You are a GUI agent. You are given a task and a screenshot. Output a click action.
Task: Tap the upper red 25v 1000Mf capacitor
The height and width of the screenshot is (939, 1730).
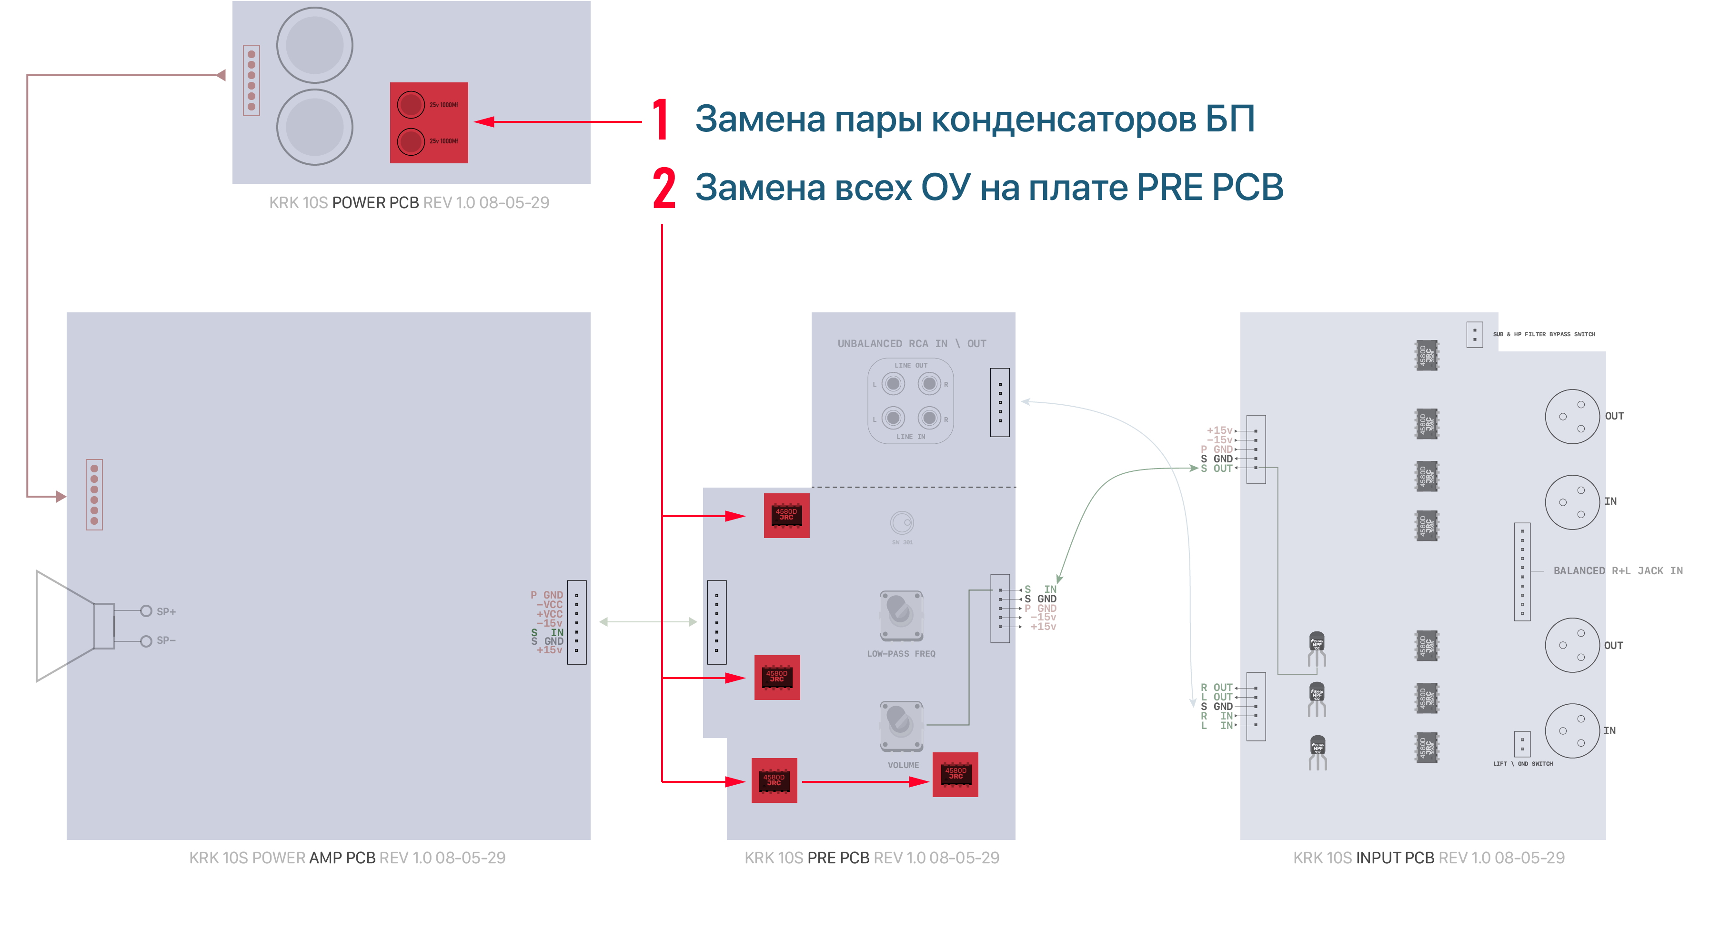(x=410, y=105)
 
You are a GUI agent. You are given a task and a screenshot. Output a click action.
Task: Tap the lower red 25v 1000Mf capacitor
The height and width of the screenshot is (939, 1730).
(x=410, y=141)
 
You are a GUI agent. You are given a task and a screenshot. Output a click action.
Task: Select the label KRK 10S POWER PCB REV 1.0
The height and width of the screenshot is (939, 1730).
(x=409, y=203)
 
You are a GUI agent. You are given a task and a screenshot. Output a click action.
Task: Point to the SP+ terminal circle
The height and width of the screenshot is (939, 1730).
(x=146, y=611)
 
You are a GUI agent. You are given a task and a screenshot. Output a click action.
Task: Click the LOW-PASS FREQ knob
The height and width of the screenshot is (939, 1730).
(x=901, y=615)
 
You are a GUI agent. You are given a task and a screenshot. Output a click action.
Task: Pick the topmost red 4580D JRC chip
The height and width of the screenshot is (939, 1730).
(x=786, y=516)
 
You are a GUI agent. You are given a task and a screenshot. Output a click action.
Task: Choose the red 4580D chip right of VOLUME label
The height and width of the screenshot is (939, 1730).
(x=955, y=775)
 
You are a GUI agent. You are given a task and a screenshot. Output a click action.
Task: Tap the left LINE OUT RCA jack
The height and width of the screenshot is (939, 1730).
(x=893, y=384)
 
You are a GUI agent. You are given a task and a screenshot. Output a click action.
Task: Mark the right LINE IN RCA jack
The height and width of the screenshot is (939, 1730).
(x=929, y=418)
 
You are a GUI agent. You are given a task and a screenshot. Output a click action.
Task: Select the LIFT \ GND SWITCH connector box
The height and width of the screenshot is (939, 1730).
(x=1522, y=744)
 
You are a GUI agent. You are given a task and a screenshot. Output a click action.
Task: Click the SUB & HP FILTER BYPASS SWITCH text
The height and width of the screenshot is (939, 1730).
(x=1543, y=334)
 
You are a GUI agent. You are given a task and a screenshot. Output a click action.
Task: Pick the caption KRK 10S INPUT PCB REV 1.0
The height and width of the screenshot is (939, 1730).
(x=1428, y=858)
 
